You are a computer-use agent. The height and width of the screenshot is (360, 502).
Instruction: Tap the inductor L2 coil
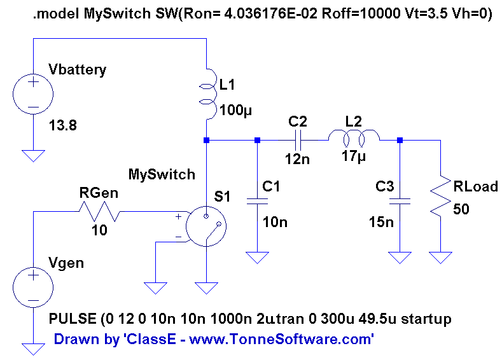pyautogui.click(x=354, y=137)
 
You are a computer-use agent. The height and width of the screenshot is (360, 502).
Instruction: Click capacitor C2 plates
pyautogui.click(x=298, y=140)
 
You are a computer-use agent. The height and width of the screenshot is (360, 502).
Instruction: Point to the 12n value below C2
pyautogui.click(x=297, y=160)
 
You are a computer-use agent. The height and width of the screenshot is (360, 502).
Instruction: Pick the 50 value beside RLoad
pyautogui.click(x=461, y=209)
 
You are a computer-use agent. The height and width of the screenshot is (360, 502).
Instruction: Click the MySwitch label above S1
pyautogui.click(x=162, y=174)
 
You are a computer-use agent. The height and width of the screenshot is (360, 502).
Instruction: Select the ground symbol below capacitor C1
pyautogui.click(x=257, y=258)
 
